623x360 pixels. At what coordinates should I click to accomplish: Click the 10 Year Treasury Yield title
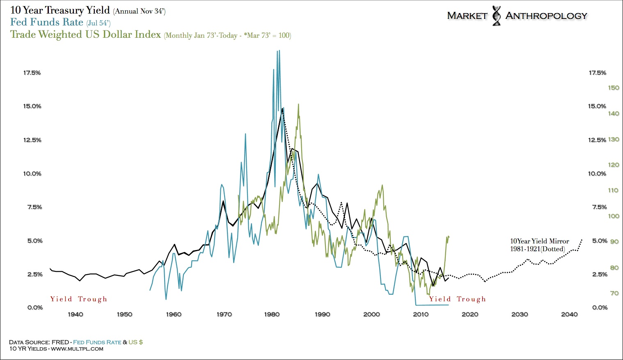(60, 10)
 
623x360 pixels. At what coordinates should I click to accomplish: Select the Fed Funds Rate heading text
(47, 22)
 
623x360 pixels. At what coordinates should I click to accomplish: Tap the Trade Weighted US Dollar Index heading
(85, 34)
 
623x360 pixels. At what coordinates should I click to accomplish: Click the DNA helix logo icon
(497, 16)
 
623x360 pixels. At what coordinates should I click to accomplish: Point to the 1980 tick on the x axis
(272, 314)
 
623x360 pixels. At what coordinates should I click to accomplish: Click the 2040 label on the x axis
(569, 314)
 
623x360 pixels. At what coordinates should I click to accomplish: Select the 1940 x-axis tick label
(75, 314)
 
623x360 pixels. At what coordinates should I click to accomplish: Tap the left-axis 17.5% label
(32, 73)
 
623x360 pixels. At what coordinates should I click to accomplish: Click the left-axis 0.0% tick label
(35, 307)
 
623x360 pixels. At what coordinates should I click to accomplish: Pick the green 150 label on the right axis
(614, 88)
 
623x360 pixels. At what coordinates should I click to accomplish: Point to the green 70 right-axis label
(614, 293)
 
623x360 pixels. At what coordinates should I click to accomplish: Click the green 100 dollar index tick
(614, 216)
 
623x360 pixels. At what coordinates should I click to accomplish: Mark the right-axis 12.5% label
(597, 140)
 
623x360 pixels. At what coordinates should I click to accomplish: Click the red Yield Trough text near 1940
(78, 299)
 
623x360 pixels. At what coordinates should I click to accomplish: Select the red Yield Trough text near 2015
(457, 299)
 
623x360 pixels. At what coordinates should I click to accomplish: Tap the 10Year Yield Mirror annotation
(539, 245)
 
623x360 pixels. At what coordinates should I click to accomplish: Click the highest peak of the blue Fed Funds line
(279, 51)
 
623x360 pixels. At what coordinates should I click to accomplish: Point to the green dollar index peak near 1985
(298, 104)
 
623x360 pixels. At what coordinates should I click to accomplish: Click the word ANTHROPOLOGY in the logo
(546, 16)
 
